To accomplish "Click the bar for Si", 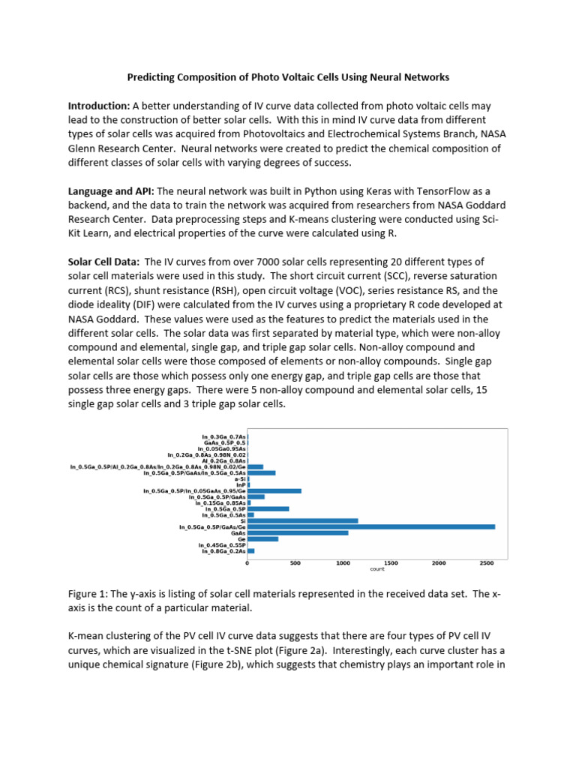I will point(302,520).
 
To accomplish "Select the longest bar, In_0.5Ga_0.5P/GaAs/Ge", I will point(370,526).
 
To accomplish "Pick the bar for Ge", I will point(262,538).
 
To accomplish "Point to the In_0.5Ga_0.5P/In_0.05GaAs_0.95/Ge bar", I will point(274,490).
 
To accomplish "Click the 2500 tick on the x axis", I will point(485,562).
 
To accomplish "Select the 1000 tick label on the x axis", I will point(343,562).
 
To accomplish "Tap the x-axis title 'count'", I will point(377,569).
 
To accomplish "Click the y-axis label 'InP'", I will point(240,484).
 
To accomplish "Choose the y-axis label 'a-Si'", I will point(239,478).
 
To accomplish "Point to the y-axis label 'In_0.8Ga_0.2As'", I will point(223,550).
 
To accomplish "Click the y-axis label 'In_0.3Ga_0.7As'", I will point(223,436).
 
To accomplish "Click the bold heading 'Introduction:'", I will point(99,106).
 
